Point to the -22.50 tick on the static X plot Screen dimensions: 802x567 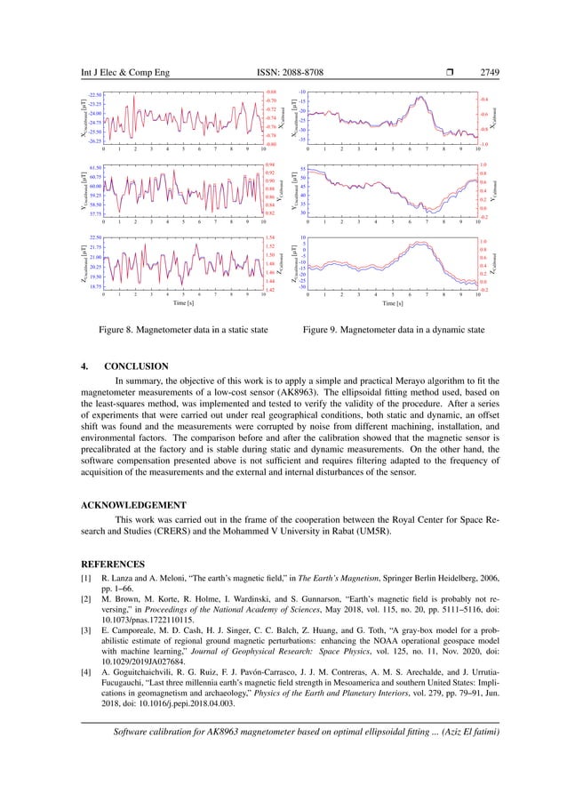coord(94,95)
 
